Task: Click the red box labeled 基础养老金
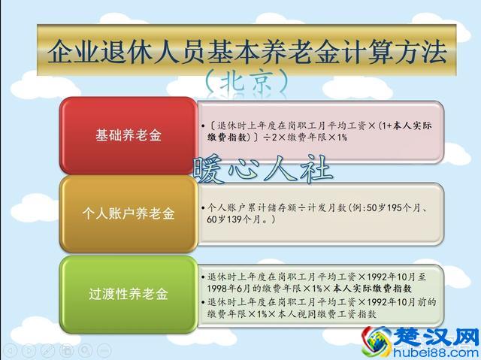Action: point(128,136)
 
